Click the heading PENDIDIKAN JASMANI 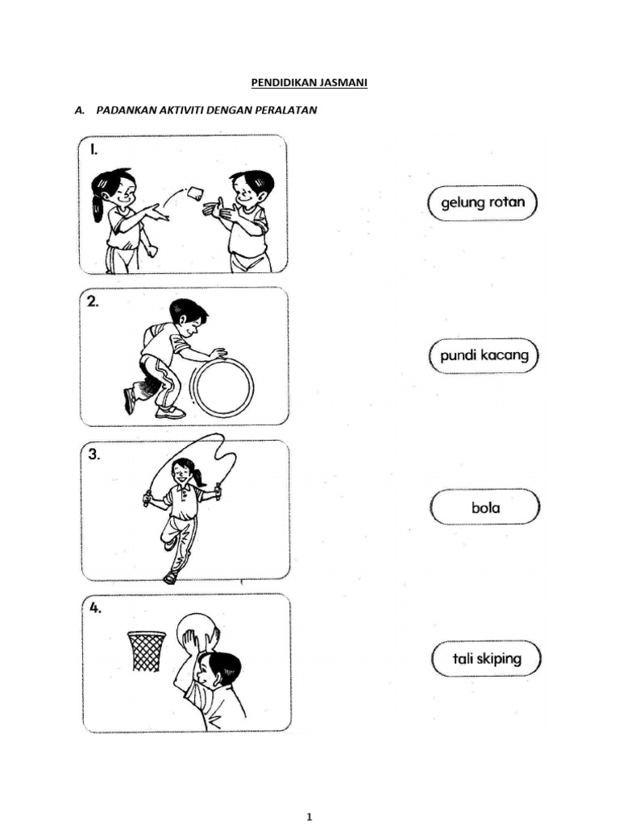[x=305, y=82]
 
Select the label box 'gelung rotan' [x=482, y=202]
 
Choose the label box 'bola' [x=485, y=508]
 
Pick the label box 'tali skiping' [x=486, y=659]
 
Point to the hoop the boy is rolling [x=222, y=388]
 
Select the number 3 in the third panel [x=94, y=454]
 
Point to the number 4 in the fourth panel [x=95, y=608]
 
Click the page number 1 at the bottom [x=309, y=817]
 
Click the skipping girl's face [x=183, y=475]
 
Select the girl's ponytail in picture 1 [x=98, y=204]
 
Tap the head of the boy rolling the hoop [x=189, y=317]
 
